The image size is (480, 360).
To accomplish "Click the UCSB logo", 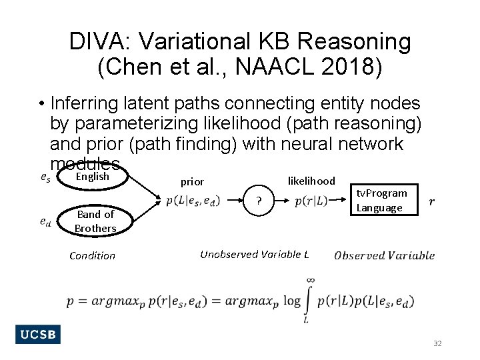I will pyautogui.click(x=38, y=335).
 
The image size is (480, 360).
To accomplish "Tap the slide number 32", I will pyautogui.click(x=437, y=343).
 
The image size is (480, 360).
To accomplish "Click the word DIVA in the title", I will pyautogui.click(x=93, y=42).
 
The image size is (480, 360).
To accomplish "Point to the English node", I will pyautogui.click(x=92, y=177).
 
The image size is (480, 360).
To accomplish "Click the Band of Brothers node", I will pyautogui.click(x=95, y=221).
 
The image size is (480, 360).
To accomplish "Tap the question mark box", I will pyautogui.click(x=261, y=201).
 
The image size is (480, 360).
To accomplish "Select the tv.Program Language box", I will pyautogui.click(x=382, y=200).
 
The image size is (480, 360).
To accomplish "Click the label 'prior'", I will pyautogui.click(x=192, y=181).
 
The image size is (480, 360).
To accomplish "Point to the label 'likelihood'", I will pyautogui.click(x=311, y=181).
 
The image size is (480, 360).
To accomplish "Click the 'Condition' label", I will pyautogui.click(x=92, y=255).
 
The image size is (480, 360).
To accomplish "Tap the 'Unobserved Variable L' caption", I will pyautogui.click(x=255, y=254).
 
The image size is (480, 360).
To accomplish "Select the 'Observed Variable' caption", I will pyautogui.click(x=384, y=255).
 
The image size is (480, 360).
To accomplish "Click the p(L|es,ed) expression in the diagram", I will pyautogui.click(x=193, y=201).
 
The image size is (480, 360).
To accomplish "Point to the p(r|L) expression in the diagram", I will pyautogui.click(x=311, y=201).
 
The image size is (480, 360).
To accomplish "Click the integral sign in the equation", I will pyautogui.click(x=309, y=301).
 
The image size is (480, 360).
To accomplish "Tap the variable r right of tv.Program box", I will pyautogui.click(x=433, y=201).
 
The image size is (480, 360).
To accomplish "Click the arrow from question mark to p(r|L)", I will pyautogui.click(x=284, y=201).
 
